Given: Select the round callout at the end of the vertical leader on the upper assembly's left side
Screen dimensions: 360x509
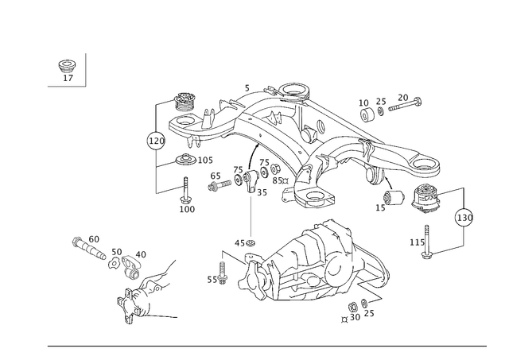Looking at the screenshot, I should click(154, 141).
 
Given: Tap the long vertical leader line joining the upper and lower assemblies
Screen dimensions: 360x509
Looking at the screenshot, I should click(251, 215).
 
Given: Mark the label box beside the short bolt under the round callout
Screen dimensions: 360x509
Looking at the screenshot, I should click(188, 208).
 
